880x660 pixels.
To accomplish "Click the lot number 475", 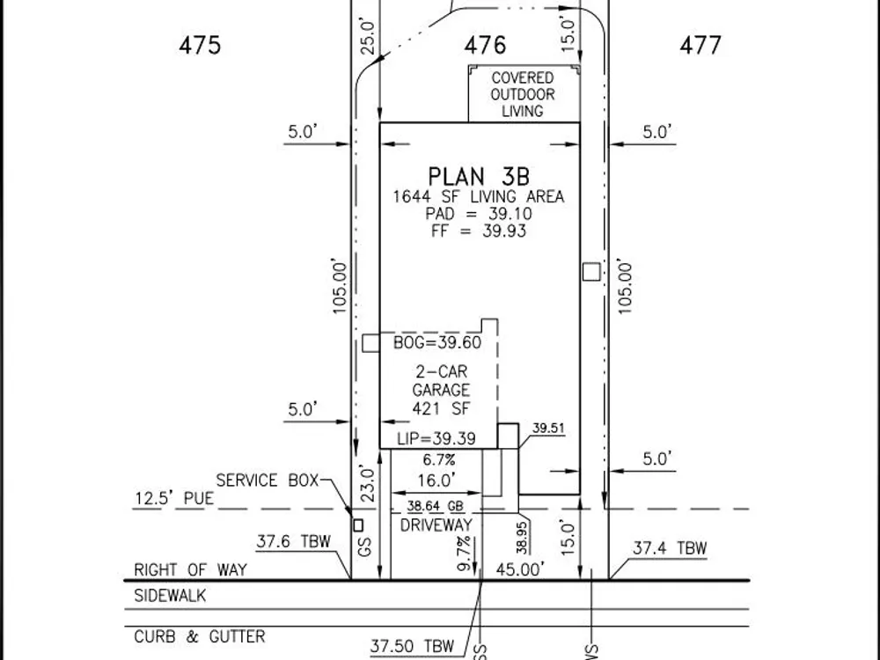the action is pos(200,45).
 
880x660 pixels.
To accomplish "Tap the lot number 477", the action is pos(700,45).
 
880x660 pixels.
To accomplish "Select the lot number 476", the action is pos(485,45).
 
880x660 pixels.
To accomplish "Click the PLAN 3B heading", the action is pos(479,176).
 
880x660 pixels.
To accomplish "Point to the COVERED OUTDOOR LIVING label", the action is pos(523,94).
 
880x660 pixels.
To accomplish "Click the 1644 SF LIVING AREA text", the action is pos(478,197).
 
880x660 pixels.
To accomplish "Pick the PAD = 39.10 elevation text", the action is pos(478,214).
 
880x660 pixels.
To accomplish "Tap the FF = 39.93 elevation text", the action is pos(478,231).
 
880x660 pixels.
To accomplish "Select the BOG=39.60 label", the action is pos(437,342).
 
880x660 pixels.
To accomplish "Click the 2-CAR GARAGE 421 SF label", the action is pos(441,390).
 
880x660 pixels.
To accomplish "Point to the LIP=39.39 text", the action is pos(436,438).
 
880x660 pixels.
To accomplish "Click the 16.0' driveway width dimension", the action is pos(436,480).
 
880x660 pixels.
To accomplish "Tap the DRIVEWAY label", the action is pos(436,525).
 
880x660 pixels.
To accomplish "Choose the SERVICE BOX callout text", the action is pos(268,480).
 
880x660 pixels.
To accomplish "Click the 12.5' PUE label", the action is pos(174,498).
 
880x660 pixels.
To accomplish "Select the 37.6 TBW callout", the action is pos(294,541).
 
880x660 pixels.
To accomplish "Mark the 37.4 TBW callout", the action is pos(670,548).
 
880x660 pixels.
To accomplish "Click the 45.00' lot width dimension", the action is pos(520,569).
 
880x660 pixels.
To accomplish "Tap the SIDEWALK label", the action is pos(170,596).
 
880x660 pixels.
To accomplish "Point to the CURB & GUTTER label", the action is pos(199,637).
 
